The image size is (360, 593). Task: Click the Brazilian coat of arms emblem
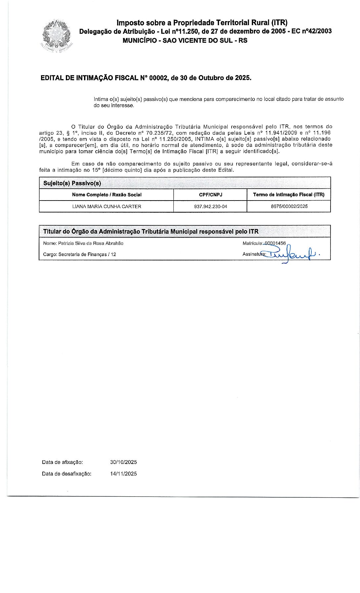coord(56,36)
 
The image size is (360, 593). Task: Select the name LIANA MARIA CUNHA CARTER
coord(107,206)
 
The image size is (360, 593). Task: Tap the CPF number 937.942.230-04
coord(210,206)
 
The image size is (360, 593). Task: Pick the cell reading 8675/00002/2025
coord(289,206)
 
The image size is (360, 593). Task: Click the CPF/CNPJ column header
coord(210,195)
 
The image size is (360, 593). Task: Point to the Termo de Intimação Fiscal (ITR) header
coord(289,195)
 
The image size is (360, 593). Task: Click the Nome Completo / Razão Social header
coord(107,195)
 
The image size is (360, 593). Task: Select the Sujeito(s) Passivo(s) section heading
coord(72,183)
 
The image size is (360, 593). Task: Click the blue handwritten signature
coord(291,254)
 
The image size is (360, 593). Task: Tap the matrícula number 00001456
coord(275,243)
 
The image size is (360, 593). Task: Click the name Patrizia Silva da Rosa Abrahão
coord(91,244)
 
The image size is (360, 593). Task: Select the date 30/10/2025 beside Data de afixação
coord(123,462)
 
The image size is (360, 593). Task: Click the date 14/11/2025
coord(123,474)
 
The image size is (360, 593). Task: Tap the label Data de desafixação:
coord(67,474)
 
